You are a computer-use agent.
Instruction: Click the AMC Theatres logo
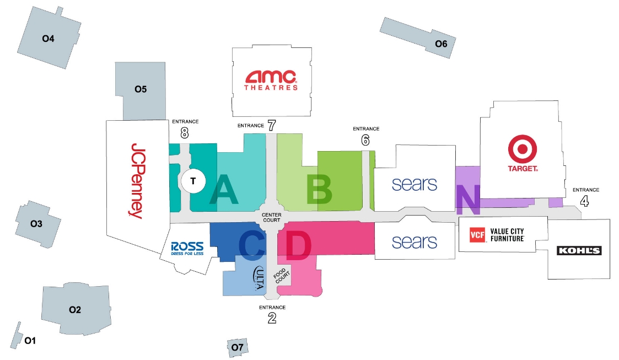click(271, 80)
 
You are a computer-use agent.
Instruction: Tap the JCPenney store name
click(138, 181)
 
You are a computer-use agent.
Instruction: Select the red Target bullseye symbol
click(523, 149)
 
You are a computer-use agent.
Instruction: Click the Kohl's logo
click(579, 250)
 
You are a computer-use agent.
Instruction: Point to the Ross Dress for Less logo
click(187, 249)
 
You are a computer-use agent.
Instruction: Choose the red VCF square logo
click(477, 235)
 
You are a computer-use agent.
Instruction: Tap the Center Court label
click(272, 218)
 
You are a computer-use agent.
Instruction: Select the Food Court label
click(282, 275)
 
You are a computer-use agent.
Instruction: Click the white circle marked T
click(193, 181)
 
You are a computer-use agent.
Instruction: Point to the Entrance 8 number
click(184, 133)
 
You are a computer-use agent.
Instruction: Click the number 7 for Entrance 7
click(272, 126)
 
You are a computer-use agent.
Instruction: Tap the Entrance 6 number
click(365, 139)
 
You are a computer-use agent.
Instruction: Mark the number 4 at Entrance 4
click(584, 201)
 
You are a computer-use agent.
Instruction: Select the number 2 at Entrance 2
click(272, 318)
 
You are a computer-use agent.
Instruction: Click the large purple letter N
click(468, 200)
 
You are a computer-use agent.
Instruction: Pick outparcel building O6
click(418, 38)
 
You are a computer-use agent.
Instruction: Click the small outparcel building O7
click(237, 347)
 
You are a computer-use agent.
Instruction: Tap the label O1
click(30, 340)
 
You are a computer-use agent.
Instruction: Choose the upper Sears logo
click(415, 184)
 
